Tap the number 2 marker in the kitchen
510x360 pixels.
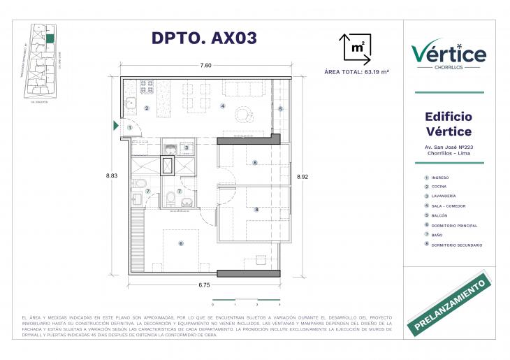pyautogui.click(x=147, y=108)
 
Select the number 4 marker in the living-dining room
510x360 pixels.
pyautogui.click(x=222, y=106)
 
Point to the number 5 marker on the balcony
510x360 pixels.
pyautogui.click(x=280, y=108)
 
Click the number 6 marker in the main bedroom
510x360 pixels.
pyautogui.click(x=181, y=243)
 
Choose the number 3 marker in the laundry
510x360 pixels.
pyautogui.click(x=187, y=147)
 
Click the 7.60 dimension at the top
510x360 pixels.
pyautogui.click(x=205, y=66)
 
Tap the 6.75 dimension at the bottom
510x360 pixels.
pyautogui.click(x=205, y=285)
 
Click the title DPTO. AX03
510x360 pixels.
pyautogui.click(x=204, y=39)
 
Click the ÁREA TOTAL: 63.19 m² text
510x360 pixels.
pyautogui.click(x=356, y=71)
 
